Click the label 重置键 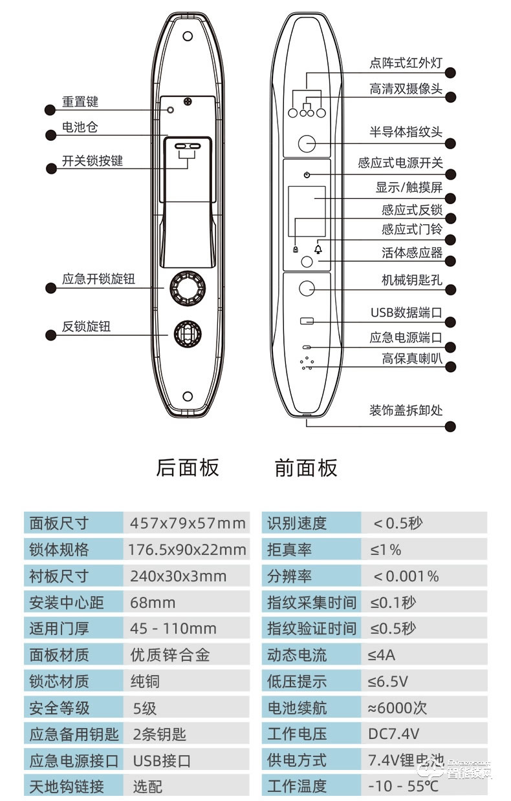80,101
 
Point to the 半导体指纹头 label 406,132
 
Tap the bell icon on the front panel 318,249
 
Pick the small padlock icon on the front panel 295,250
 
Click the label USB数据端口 406,313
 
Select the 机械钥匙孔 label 411,281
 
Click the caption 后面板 188,468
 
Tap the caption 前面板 306,468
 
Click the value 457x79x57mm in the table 188,523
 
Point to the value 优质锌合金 170,655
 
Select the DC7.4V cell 393,734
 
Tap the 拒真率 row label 290,550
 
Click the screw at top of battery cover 188,101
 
